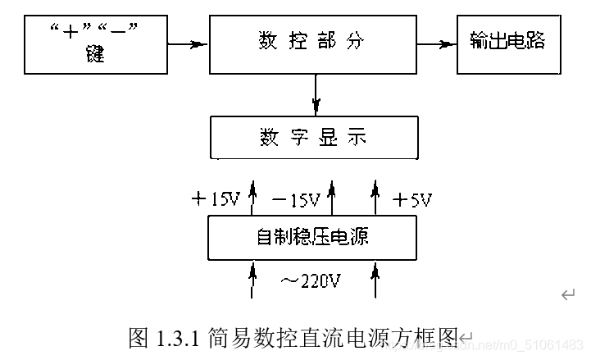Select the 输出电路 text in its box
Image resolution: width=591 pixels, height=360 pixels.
coord(507,40)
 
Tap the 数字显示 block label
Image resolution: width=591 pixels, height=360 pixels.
coord(313,136)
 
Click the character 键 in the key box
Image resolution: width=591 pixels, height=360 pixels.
coord(96,57)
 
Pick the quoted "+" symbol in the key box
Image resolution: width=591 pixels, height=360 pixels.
coord(70,32)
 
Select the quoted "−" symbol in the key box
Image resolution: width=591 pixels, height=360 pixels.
coord(121,32)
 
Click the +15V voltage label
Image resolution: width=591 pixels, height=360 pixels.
coord(214,199)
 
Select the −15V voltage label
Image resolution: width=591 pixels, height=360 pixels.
coord(295,199)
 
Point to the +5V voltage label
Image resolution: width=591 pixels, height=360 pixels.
coord(412,199)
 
